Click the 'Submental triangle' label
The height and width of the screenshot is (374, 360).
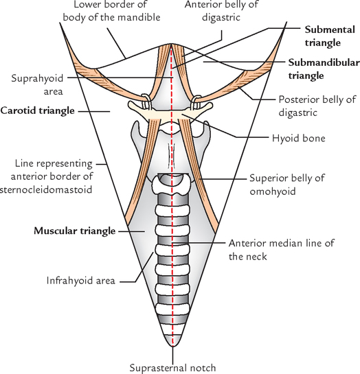coord(330,36)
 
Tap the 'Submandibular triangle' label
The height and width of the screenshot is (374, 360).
coord(324,69)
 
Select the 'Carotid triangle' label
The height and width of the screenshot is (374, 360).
coord(38,110)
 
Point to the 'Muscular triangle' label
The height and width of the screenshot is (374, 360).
coord(74,231)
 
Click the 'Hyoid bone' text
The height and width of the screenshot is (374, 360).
coord(299,138)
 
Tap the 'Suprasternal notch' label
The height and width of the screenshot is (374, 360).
coord(172,368)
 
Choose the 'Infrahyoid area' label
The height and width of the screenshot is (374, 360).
coord(80,281)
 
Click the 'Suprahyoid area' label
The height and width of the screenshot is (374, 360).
coord(37,84)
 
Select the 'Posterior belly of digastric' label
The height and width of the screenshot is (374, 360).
coord(317,106)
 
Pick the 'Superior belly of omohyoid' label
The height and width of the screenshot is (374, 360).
coord(287,185)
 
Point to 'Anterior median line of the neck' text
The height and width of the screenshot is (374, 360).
coord(282,250)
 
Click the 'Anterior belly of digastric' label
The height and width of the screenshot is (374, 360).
coord(221,11)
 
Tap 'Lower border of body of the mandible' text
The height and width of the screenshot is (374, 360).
coord(111,11)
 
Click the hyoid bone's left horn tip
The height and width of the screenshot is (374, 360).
coord(129,104)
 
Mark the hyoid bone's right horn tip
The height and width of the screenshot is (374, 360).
coord(212,104)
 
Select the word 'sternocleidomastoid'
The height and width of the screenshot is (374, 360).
coord(46,190)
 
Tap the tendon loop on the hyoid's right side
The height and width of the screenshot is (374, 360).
coord(196,102)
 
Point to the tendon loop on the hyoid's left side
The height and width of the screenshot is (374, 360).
coord(146,102)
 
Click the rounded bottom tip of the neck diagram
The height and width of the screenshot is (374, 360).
coord(173,346)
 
